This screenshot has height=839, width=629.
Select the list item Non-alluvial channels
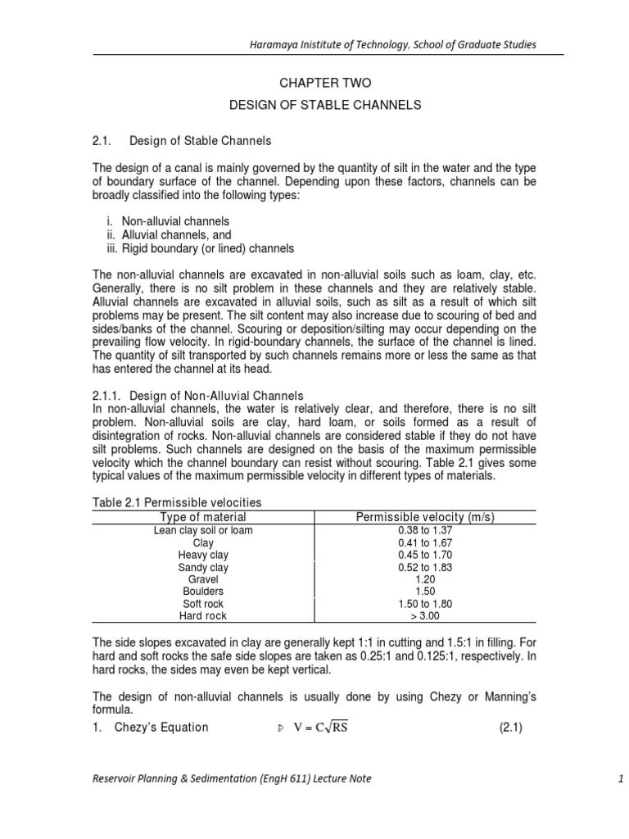tap(175, 221)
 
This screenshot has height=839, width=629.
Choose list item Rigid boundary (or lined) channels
tap(207, 248)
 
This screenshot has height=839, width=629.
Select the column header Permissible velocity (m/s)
tap(425, 517)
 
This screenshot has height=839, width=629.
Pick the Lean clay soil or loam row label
tap(203, 531)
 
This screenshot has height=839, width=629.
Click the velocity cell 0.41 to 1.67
tap(425, 543)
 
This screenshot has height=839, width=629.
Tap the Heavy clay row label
tap(203, 556)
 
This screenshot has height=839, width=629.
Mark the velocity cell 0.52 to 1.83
tap(425, 568)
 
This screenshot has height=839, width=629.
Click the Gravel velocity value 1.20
tap(425, 579)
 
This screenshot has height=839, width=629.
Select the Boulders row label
tap(203, 592)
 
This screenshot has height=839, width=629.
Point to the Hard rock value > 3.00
tap(425, 616)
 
